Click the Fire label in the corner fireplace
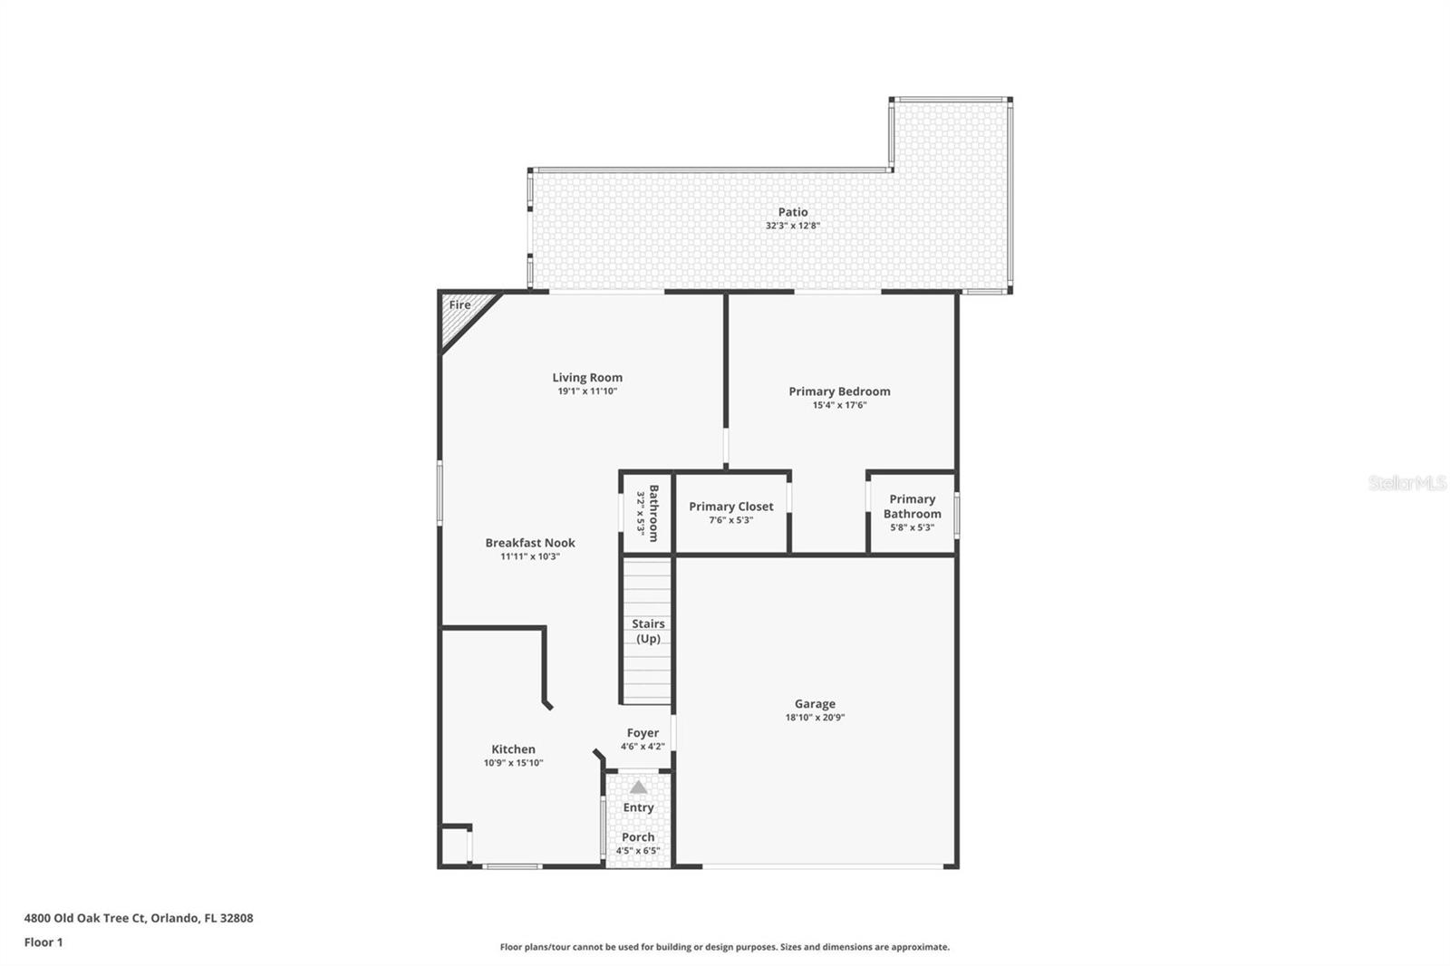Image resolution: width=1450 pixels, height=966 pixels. coord(459,305)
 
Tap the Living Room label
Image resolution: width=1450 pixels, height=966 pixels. coord(587,378)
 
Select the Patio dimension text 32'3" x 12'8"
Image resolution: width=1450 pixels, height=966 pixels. coord(792,226)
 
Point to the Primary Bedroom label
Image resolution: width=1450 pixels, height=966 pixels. coord(839,391)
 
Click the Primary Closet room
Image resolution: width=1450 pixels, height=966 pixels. coord(731,513)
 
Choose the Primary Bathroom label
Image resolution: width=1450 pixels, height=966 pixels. coord(912,507)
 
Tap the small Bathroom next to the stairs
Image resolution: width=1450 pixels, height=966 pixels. coord(647,513)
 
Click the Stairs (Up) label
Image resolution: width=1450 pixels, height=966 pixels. coord(648,631)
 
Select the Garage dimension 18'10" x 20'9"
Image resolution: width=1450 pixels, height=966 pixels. coord(815,718)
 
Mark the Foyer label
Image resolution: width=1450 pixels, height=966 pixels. coord(643,733)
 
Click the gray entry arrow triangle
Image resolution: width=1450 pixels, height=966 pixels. coord(639,787)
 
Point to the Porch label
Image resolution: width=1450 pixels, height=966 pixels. coord(638,837)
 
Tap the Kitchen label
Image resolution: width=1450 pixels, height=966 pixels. coord(513,749)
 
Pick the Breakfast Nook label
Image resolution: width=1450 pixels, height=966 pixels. coord(530,543)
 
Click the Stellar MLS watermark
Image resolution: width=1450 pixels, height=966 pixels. coord(1406,483)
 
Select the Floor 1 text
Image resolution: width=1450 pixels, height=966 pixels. coord(43,942)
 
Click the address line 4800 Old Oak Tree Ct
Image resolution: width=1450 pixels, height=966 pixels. coord(139,918)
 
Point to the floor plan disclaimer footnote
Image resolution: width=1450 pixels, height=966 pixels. coord(724,947)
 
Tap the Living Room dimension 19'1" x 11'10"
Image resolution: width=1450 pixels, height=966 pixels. coord(587,391)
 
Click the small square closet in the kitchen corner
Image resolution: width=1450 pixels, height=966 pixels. coord(454,845)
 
